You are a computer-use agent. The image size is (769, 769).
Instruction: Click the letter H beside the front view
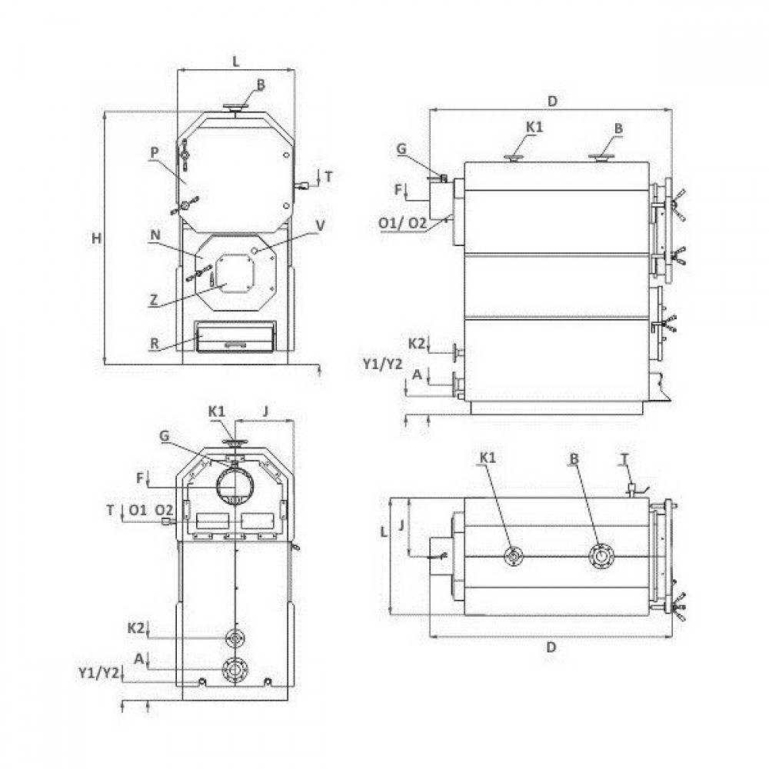click(97, 238)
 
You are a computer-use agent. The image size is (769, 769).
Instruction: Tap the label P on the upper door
click(155, 152)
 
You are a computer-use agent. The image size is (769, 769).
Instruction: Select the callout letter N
click(155, 235)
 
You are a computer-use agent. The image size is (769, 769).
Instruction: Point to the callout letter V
click(320, 225)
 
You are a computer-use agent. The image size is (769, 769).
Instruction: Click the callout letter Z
click(154, 299)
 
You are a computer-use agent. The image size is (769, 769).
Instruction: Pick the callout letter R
click(155, 343)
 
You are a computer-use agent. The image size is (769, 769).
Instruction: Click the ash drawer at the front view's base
click(235, 337)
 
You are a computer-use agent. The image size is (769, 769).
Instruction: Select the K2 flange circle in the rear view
click(235, 638)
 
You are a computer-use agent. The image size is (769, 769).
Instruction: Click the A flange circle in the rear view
click(235, 670)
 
